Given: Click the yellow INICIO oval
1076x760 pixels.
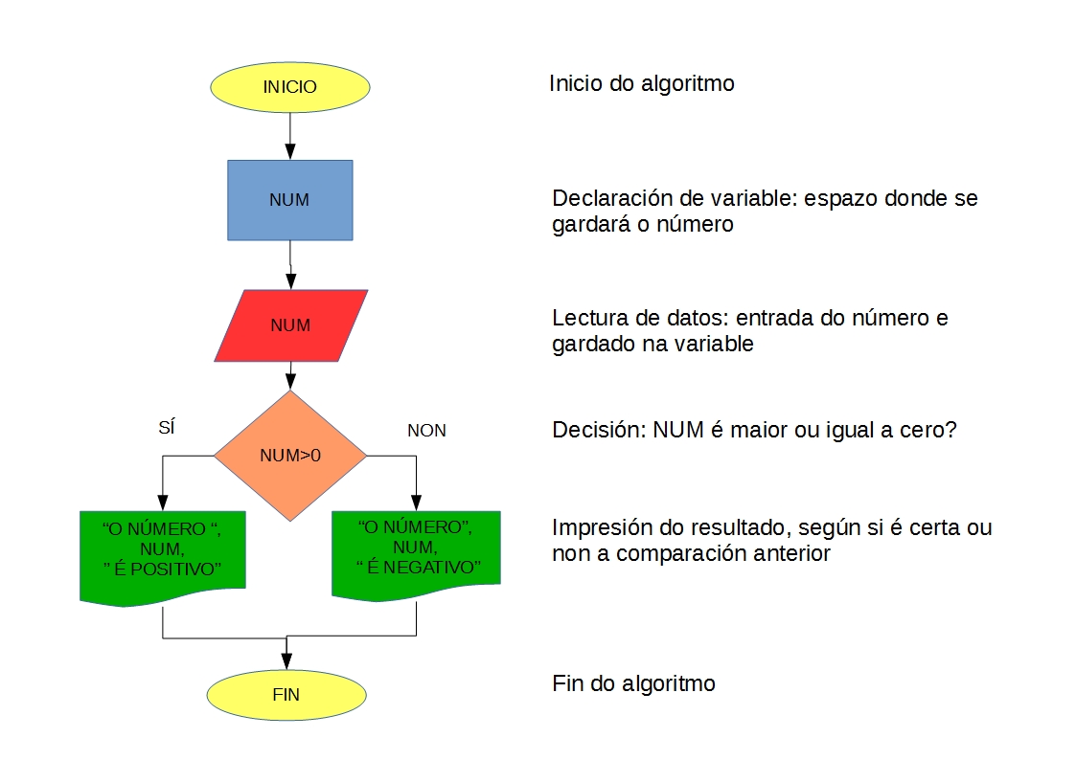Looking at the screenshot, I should [289, 86].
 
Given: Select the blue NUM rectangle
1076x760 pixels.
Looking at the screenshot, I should [289, 199].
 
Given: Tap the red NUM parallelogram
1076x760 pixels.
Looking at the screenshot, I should [290, 325].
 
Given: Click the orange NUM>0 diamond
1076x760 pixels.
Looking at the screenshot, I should [289, 456].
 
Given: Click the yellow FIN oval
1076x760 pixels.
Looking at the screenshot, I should [286, 694].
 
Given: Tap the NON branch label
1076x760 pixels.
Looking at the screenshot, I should [426, 431].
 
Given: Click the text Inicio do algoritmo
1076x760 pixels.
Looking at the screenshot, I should [641, 83].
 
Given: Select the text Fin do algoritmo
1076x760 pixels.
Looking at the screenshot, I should [633, 683].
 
